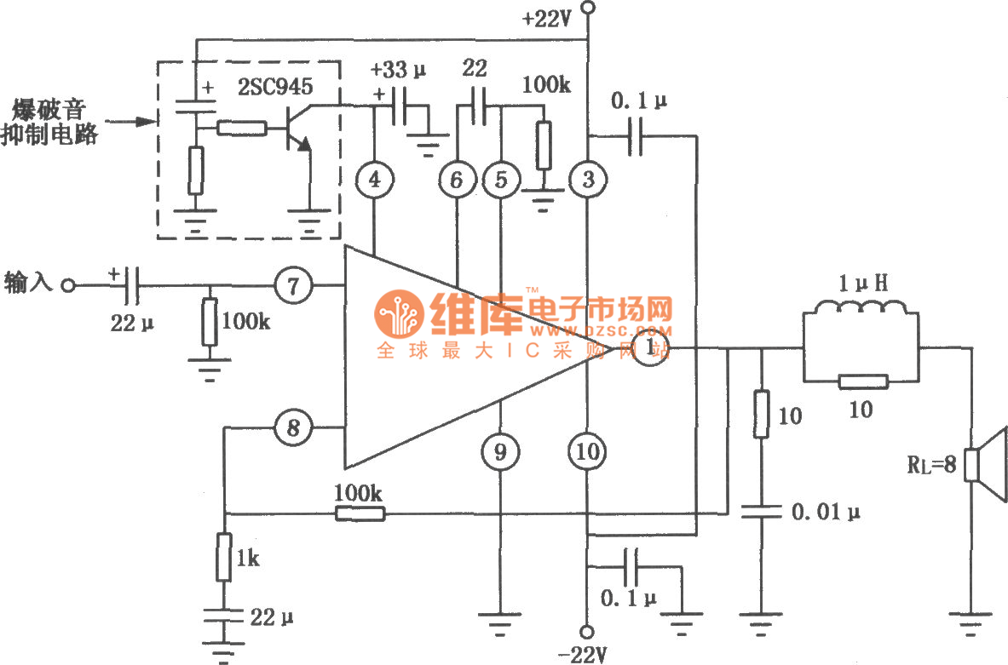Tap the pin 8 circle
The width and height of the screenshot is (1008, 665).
point(293,428)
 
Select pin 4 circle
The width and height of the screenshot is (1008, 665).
point(374,179)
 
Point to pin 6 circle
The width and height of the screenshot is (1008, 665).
point(458,179)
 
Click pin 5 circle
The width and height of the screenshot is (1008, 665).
point(500,179)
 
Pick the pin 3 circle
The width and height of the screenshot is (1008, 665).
point(587,179)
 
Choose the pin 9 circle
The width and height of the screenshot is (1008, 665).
point(500,452)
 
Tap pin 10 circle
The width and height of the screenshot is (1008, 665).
point(587,452)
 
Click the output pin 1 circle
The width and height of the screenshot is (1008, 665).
point(652,347)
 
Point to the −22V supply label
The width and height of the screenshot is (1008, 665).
point(584,654)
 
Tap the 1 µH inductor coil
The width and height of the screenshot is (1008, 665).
point(861,315)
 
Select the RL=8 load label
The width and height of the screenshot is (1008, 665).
point(932,466)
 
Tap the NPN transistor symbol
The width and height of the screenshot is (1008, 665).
point(293,128)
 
